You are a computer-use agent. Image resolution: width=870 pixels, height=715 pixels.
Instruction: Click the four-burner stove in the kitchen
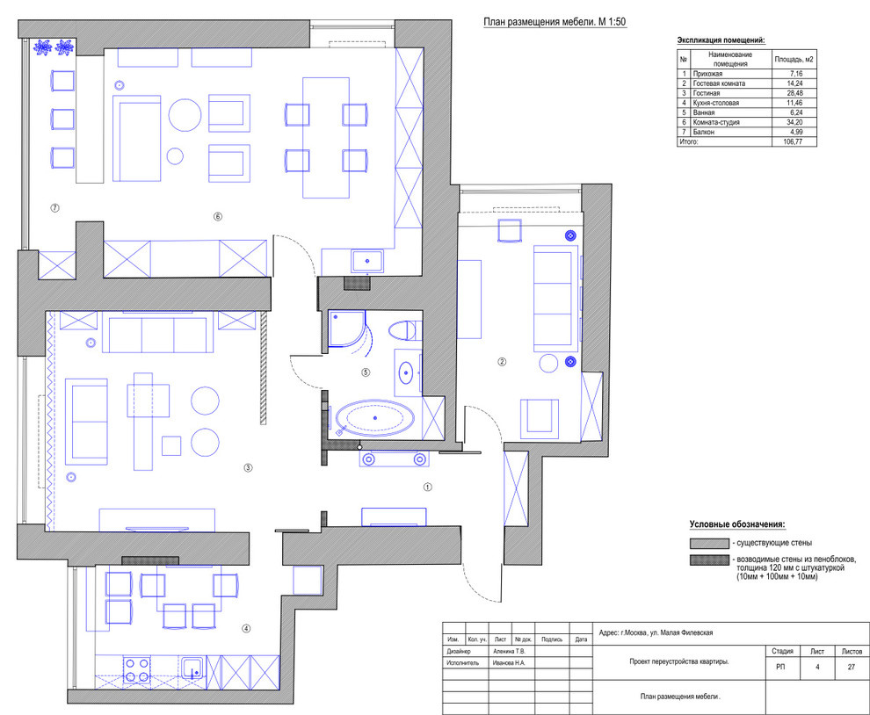click(136, 669)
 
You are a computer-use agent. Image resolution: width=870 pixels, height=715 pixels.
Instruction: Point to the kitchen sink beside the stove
click(192, 669)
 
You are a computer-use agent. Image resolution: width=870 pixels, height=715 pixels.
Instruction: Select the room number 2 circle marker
click(502, 361)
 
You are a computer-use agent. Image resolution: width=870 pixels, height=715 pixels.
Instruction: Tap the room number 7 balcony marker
click(54, 208)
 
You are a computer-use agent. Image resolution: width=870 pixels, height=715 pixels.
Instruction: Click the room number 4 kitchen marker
click(246, 628)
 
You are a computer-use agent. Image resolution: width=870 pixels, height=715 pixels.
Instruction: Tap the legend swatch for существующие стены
click(707, 544)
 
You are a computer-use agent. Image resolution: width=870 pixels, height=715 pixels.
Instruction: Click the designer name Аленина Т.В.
click(511, 652)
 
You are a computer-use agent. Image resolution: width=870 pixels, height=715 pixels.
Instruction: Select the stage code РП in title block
click(782, 668)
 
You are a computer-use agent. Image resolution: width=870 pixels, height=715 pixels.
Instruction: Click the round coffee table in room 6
click(185, 114)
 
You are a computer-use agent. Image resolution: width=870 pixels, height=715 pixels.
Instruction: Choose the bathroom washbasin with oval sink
click(406, 372)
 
